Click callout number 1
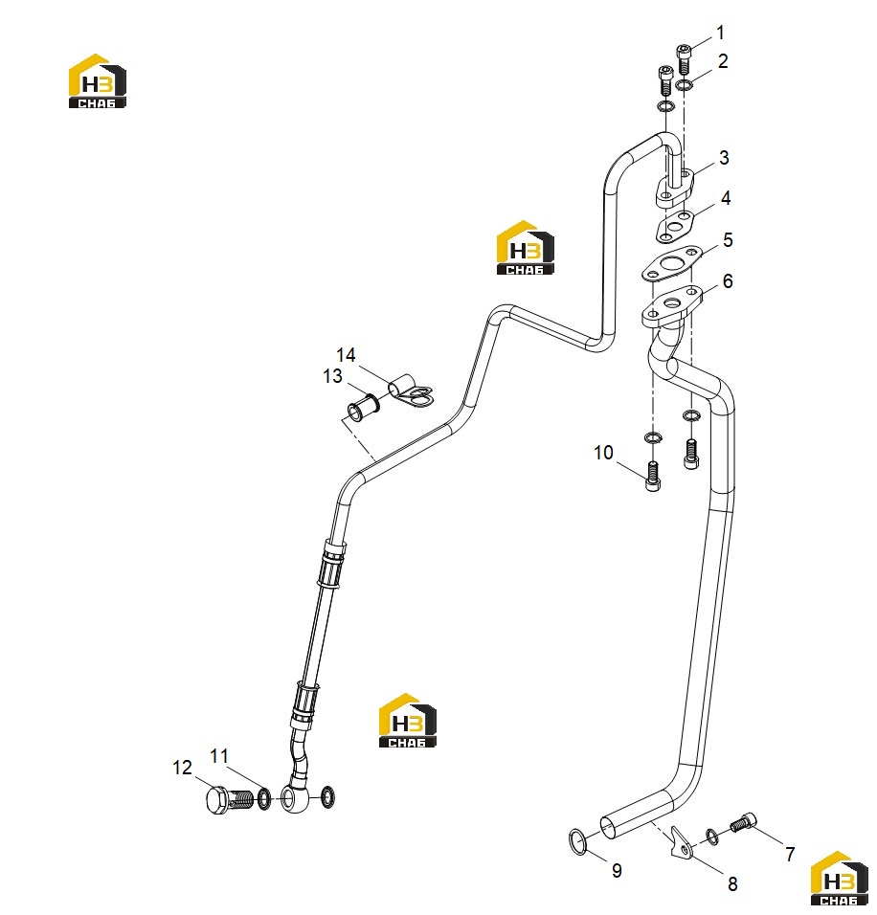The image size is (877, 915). tap(721, 33)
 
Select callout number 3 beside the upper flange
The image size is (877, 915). tap(724, 158)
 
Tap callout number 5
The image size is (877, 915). tap(728, 240)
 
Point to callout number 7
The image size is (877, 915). tap(790, 855)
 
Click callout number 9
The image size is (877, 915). tap(617, 871)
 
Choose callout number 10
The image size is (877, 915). tap(604, 453)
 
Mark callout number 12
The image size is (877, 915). tap(182, 768)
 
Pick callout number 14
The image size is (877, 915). tap(346, 355)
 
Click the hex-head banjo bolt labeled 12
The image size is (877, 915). tap(230, 799)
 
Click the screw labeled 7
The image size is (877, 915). tap(743, 823)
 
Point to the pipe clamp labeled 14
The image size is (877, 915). tap(411, 391)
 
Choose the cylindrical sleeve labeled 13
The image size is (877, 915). tap(364, 407)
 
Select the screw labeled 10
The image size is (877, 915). tap(653, 477)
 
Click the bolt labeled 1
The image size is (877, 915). tap(685, 59)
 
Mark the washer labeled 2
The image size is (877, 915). tap(685, 85)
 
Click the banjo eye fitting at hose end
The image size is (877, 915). tap(292, 798)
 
